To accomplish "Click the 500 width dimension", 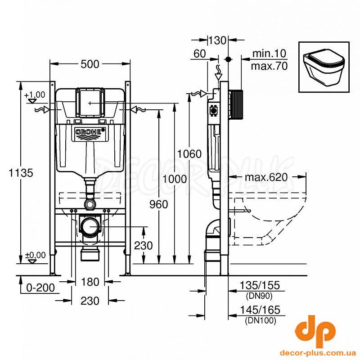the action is pos(90,64).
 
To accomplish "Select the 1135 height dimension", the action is pos(21,173).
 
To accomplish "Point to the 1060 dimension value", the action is pos(189,153).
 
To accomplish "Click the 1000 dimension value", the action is pos(175,179).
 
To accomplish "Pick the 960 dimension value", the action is pos(159,204).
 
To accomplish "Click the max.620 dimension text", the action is pos(266,177).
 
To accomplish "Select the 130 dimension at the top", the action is pos(217,40).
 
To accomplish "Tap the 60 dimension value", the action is pos(200,54).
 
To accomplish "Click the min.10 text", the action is pos(269,54).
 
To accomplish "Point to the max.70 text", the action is pos(269,66).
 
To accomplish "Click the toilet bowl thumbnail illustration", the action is pos(324,67).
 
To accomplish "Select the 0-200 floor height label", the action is pos(40,288).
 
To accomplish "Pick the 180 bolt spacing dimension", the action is pos(90,282).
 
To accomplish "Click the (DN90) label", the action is pos(259,296).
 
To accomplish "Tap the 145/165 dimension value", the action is pos(260,310).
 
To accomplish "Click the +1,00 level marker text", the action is pos(35,94).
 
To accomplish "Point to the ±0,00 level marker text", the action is pos(35,255).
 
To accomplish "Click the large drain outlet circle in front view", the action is pos(90,226).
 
